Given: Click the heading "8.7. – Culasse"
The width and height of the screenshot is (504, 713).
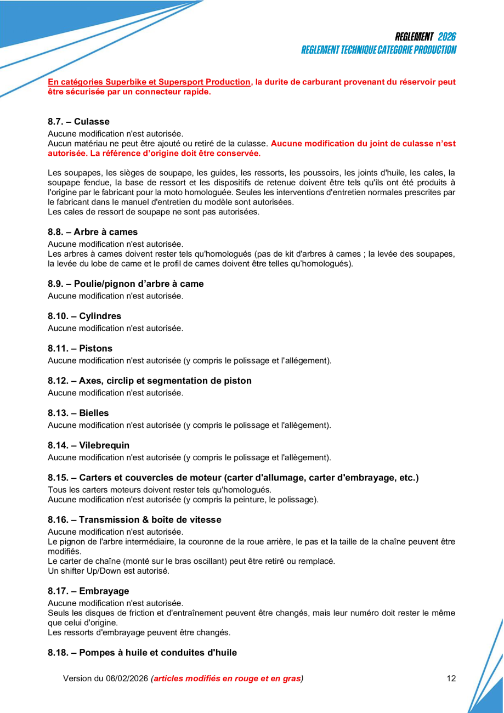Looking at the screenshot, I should (x=78, y=122).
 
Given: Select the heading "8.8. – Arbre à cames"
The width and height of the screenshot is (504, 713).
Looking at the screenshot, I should (x=93, y=232).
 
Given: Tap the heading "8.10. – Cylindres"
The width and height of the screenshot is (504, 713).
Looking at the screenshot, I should (x=84, y=316).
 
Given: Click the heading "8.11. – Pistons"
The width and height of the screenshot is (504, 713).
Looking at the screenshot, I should (x=80, y=349).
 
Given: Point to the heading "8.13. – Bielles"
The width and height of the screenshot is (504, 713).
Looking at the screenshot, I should (x=78, y=413).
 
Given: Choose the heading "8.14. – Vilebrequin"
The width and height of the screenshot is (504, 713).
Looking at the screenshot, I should (x=88, y=445).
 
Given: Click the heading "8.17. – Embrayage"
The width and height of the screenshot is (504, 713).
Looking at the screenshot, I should (x=88, y=591).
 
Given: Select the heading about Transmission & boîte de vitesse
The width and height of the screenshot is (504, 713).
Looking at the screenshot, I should (x=134, y=520).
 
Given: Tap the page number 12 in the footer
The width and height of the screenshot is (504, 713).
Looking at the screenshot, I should (x=451, y=678).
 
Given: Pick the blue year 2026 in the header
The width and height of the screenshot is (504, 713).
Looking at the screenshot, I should (x=447, y=37).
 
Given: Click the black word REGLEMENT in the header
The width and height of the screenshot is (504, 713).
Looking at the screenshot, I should (x=414, y=37).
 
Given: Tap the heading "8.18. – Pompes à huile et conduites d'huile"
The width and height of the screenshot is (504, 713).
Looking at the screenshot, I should (x=142, y=653).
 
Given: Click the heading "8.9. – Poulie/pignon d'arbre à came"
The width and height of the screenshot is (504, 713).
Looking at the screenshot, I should (x=126, y=284).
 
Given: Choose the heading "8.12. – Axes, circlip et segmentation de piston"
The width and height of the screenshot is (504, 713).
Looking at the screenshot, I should (x=150, y=381).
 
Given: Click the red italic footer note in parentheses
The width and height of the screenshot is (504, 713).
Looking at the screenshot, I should (x=227, y=678).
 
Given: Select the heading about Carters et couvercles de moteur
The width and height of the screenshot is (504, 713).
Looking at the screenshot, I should (x=233, y=478).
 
